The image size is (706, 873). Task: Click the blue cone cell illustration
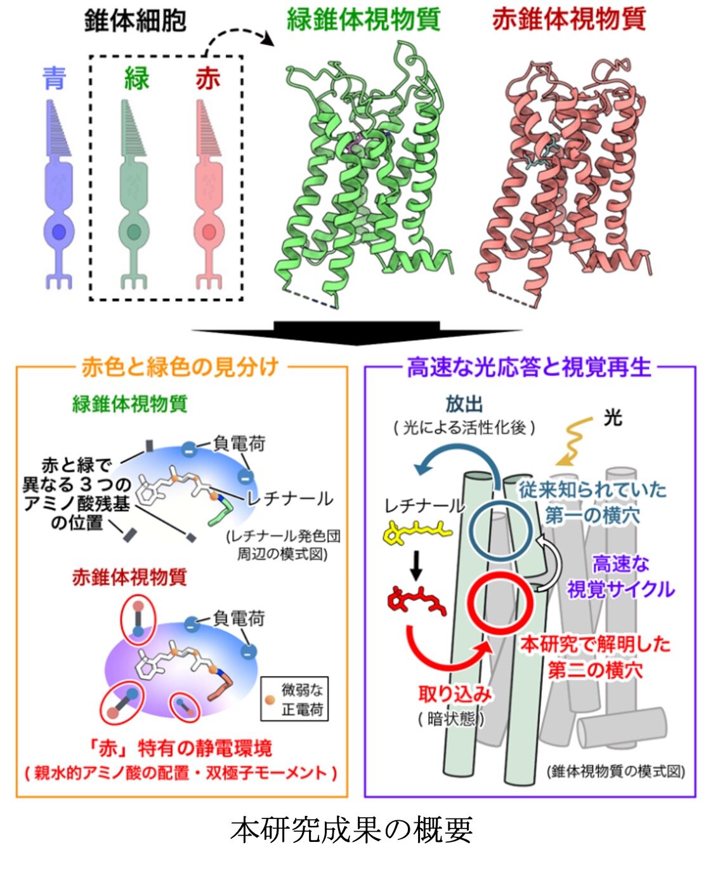[x=59, y=195]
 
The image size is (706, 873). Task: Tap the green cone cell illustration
[x=134, y=195]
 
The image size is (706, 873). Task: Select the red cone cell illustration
[x=209, y=195]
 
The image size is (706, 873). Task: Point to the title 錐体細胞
[x=135, y=20]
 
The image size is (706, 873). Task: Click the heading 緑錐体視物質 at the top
[x=363, y=19]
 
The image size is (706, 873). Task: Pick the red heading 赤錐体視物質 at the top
[x=569, y=19]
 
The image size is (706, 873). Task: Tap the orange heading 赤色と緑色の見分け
[x=180, y=366]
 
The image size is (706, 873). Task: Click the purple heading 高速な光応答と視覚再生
[x=528, y=366]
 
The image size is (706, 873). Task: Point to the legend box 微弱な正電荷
[x=294, y=698]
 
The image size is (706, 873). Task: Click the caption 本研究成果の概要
[x=352, y=830]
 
